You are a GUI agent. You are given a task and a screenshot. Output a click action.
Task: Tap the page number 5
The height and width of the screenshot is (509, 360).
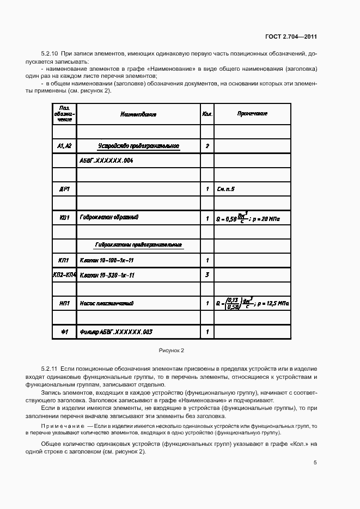(315, 464)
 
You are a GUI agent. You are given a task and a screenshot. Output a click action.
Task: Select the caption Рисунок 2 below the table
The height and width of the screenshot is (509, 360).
(172, 350)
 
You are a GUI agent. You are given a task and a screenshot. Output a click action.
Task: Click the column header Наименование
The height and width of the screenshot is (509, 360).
(138, 114)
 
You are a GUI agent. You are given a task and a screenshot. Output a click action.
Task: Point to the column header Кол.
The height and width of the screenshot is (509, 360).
(207, 114)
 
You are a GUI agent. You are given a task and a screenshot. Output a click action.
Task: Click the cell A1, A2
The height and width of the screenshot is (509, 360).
(64, 146)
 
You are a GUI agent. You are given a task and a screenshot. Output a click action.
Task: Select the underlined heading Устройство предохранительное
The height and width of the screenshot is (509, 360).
(138, 146)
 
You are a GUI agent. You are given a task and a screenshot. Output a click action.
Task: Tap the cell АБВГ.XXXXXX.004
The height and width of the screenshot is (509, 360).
(106, 162)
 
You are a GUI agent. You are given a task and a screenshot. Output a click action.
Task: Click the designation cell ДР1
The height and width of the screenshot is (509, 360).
(64, 189)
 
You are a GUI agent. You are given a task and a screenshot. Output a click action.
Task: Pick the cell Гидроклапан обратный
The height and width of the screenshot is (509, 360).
(109, 218)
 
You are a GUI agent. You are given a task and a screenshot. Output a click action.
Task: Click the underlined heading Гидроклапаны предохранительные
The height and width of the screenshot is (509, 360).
(138, 246)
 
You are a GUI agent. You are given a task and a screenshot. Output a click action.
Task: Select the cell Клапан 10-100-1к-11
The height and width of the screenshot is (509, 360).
(107, 261)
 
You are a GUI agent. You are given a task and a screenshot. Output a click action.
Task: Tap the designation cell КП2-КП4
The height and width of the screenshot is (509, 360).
(64, 275)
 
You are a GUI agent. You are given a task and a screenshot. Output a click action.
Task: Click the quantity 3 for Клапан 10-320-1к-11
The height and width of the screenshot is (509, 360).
(207, 275)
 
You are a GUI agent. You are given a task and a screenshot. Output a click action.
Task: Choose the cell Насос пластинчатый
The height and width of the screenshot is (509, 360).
(107, 303)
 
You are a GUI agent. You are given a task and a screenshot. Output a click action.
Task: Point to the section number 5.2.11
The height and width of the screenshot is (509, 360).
(50, 369)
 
